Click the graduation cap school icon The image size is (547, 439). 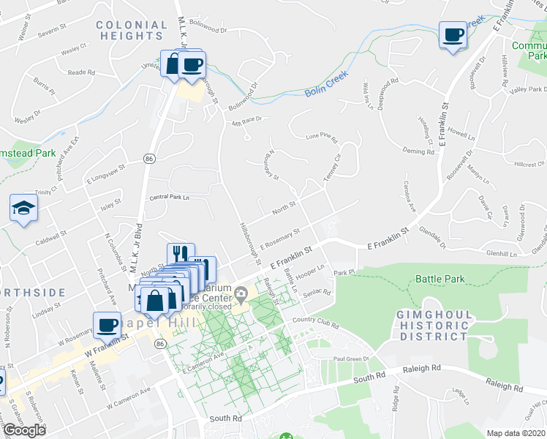[24, 209]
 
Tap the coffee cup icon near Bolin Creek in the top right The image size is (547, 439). [453, 34]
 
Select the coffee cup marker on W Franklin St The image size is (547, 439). [107, 324]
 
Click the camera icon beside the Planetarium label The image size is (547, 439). [241, 296]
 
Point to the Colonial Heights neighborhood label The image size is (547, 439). [132, 30]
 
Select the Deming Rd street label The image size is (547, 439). [419, 150]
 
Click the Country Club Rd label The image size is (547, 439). [316, 320]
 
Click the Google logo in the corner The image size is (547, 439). [24, 430]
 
